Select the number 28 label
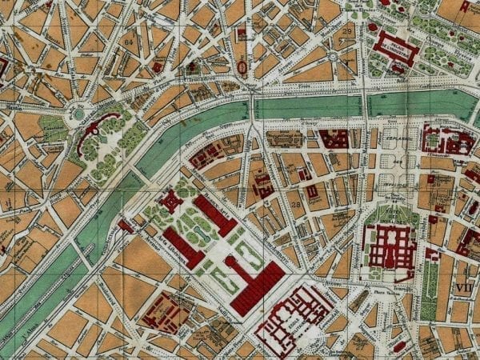click(x=295, y=206)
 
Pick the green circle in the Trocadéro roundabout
click(x=78, y=114)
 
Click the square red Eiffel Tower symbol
click(x=171, y=200)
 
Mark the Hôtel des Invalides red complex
click(x=390, y=248)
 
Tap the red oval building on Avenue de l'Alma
click(x=242, y=66)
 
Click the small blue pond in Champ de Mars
click(x=205, y=232)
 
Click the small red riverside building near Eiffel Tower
click(x=126, y=226)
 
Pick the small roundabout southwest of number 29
click(x=332, y=57)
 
